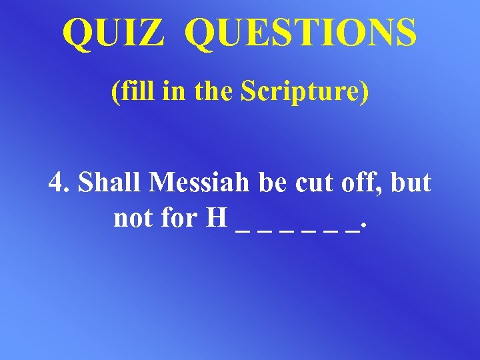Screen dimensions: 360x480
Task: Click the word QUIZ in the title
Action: (113, 33)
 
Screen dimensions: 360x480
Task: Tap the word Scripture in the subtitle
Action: (303, 92)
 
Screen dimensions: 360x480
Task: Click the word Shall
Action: (109, 182)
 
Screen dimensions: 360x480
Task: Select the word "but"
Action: (409, 182)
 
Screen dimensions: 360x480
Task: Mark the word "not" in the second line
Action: (132, 217)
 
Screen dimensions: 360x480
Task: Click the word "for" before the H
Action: (178, 217)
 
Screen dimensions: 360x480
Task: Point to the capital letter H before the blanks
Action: (217, 217)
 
